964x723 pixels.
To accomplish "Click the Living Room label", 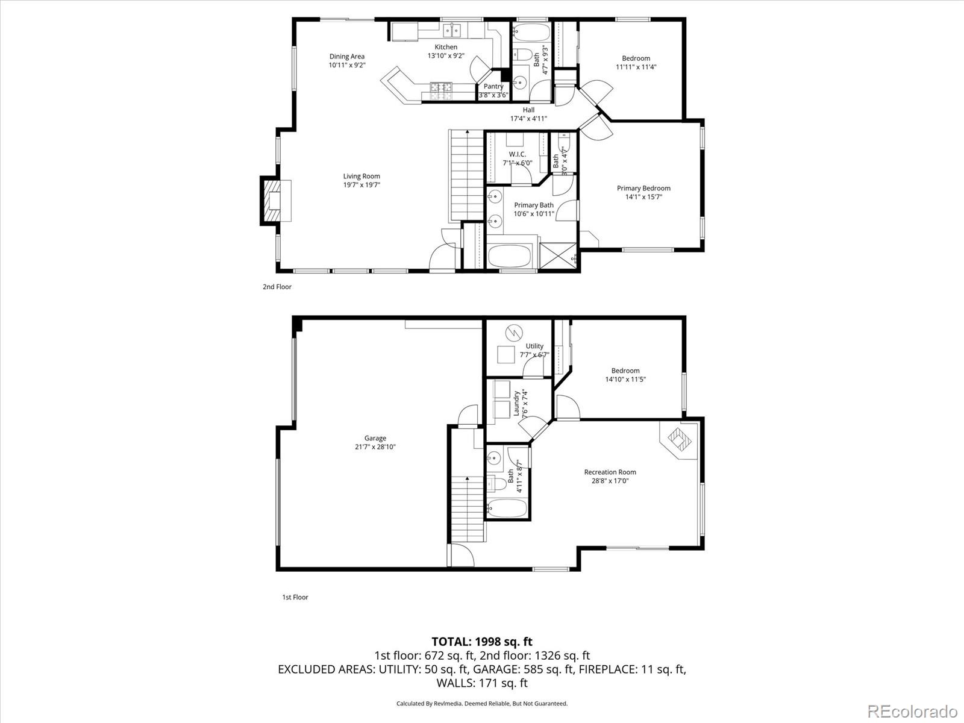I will [361, 177].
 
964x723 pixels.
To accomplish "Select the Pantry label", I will [493, 86].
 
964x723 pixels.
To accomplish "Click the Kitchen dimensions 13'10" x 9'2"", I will [446, 56].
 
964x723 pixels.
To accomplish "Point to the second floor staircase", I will [468, 175].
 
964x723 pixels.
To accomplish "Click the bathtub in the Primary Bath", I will [512, 256].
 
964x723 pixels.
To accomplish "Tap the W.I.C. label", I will [517, 154].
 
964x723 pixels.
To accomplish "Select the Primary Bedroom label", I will [643, 188].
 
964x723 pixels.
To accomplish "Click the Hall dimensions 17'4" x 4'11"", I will [528, 119].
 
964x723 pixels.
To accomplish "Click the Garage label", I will [375, 438].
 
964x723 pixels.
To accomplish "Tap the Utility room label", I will [534, 346].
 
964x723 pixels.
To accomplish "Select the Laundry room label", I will [516, 404].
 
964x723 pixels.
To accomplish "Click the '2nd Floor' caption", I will [277, 287].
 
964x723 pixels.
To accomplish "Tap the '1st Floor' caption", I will [295, 597].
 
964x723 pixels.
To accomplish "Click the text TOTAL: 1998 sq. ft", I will [482, 642].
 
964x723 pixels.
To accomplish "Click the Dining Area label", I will [346, 57].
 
